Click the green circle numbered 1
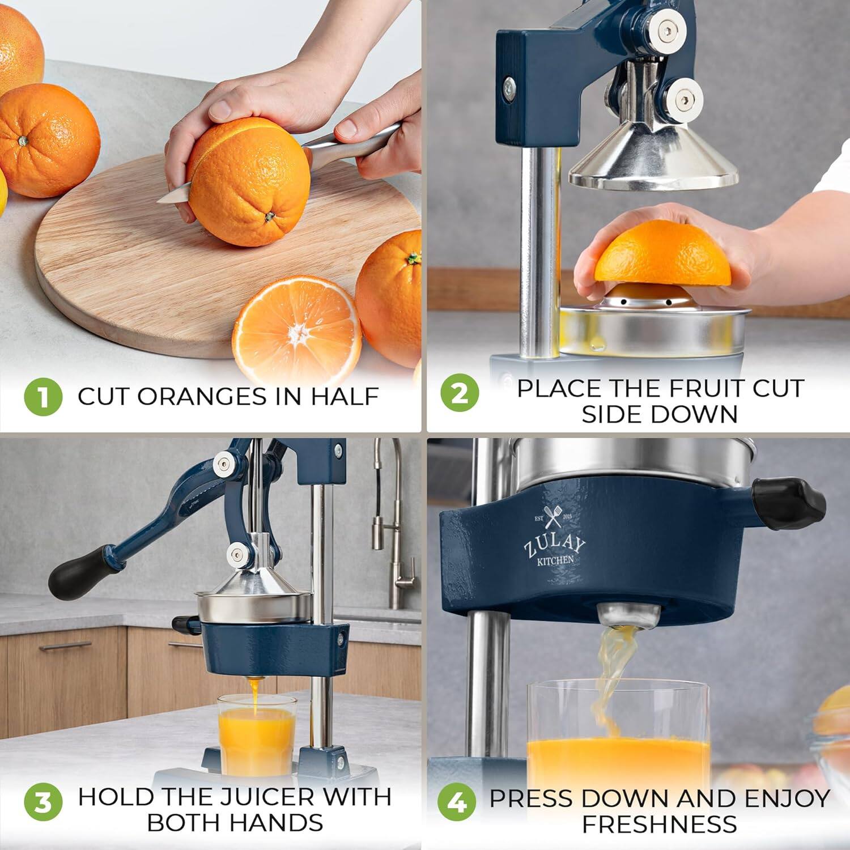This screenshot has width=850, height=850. click(x=43, y=397)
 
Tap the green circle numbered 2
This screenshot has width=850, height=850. click(x=460, y=393)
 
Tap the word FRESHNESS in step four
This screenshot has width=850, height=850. click(x=660, y=824)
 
